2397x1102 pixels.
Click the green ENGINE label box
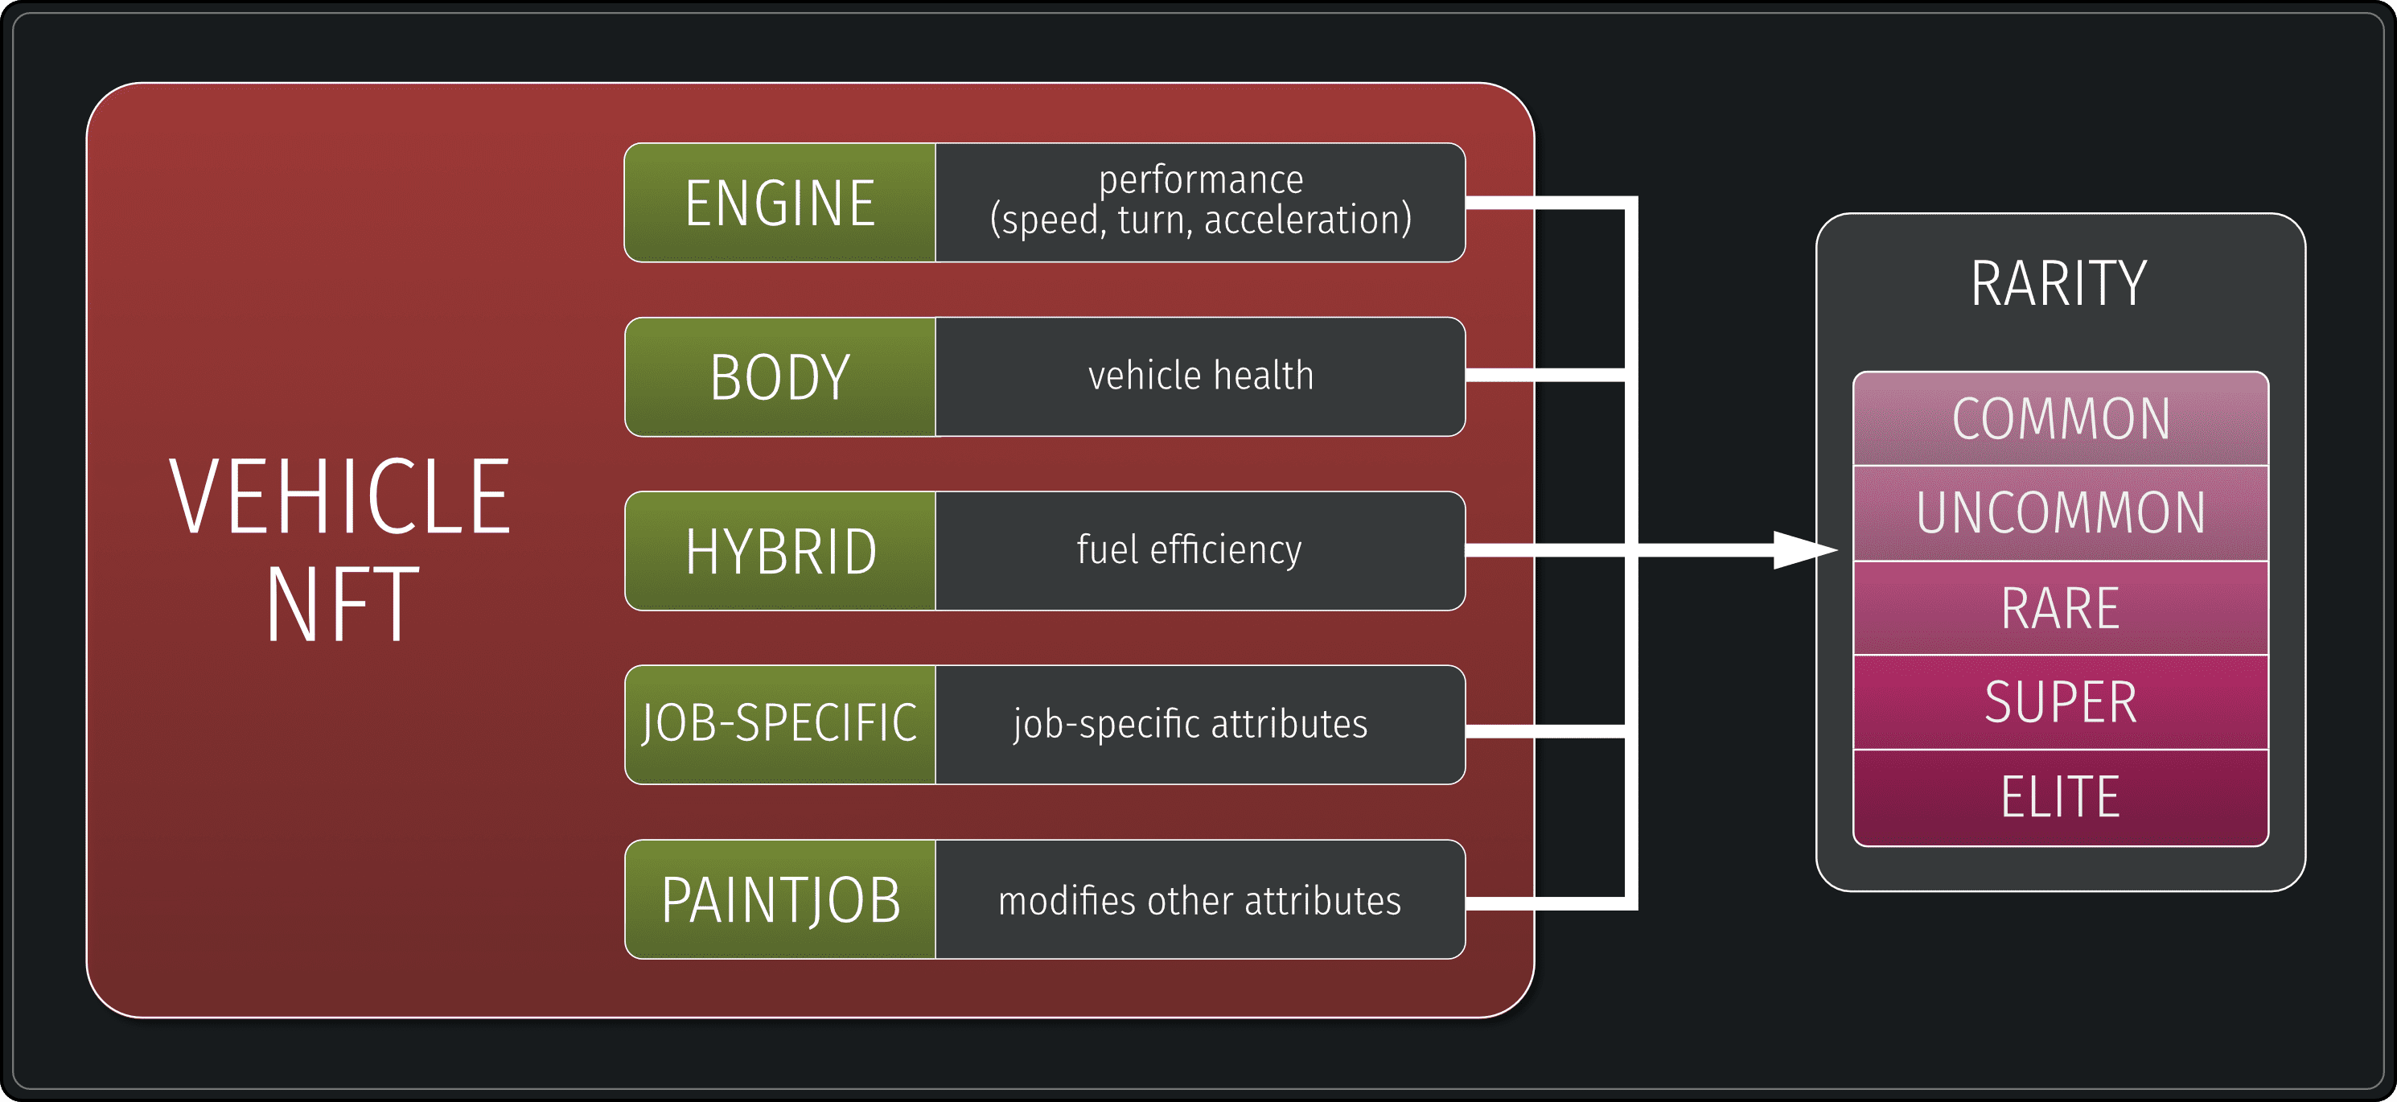point(779,203)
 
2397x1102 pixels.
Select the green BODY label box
point(779,377)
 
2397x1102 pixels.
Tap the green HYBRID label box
point(779,551)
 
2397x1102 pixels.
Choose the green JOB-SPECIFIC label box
point(779,724)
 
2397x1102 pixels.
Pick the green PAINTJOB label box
point(779,899)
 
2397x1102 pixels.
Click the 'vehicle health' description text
point(1200,376)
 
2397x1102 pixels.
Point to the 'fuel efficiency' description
point(1189,550)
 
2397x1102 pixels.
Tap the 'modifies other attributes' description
point(1199,901)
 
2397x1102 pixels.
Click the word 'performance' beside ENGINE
point(1200,179)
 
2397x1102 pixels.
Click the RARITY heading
point(2058,283)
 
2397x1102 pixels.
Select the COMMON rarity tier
point(2060,419)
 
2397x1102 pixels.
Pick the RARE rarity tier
point(2060,608)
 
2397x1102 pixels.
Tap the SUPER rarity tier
point(2060,701)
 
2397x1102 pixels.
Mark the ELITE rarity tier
point(2060,796)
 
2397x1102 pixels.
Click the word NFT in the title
point(342,605)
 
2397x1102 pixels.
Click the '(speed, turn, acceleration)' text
point(1200,220)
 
